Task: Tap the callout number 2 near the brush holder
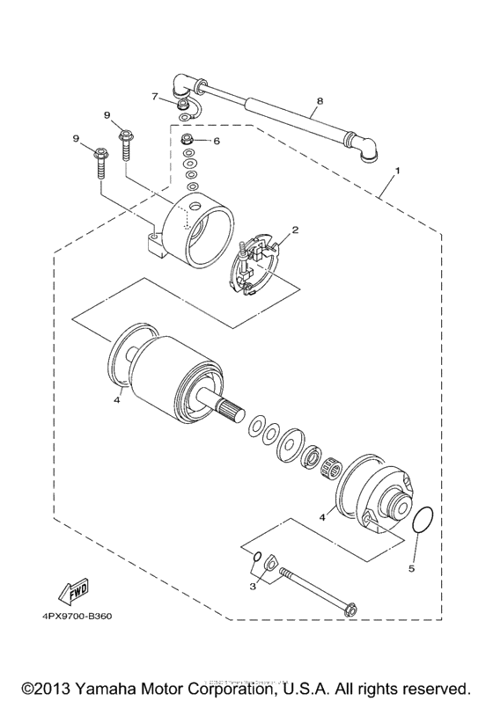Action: click(297, 230)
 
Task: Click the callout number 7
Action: click(154, 96)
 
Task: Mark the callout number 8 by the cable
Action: click(319, 101)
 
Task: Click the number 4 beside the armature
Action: click(115, 400)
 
